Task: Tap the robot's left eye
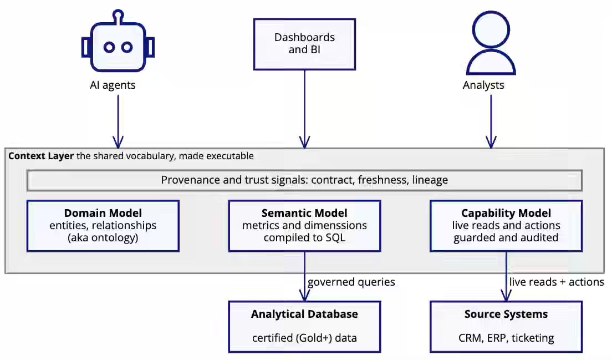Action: click(x=109, y=47)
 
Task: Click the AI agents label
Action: click(x=113, y=85)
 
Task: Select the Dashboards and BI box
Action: click(x=304, y=44)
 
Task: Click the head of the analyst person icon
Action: click(x=491, y=29)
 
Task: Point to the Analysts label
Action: click(x=483, y=85)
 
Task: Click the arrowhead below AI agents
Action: click(x=118, y=142)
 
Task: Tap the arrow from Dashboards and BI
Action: click(x=304, y=109)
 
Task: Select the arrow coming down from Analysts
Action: click(x=491, y=121)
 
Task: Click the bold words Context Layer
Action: click(x=41, y=156)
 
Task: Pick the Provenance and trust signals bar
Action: click(x=304, y=180)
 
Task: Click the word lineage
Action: click(x=430, y=180)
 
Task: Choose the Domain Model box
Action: click(x=103, y=226)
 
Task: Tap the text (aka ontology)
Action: click(x=103, y=238)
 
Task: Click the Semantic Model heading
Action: click(x=304, y=213)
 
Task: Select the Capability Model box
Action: click(x=506, y=226)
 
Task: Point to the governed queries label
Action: click(x=351, y=282)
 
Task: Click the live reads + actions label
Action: click(x=557, y=282)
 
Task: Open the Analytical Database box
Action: click(x=304, y=327)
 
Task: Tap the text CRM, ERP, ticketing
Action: click(x=506, y=338)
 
